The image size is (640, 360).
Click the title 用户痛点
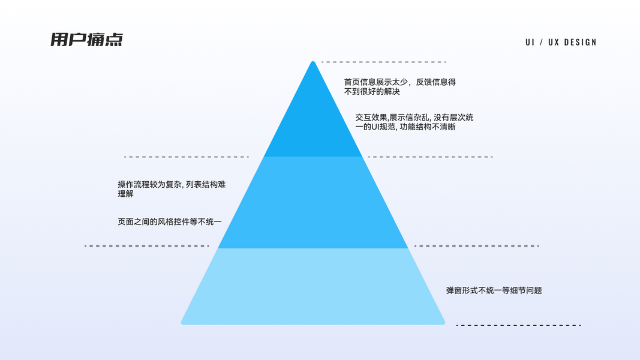coord(86,40)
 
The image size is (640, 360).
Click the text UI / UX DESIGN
coord(561,42)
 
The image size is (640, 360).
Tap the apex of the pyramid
coord(313,63)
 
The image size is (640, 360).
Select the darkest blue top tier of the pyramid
coord(313,126)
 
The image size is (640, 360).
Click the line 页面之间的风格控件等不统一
coord(170,222)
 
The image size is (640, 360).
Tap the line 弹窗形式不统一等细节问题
coord(494,290)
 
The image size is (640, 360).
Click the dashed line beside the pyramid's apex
coord(384,62)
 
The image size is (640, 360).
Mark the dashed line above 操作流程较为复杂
coord(186,157)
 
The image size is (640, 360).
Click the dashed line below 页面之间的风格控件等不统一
coord(147,246)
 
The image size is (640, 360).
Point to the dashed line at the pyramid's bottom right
coord(518,325)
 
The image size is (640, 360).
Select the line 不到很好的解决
coord(372,92)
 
